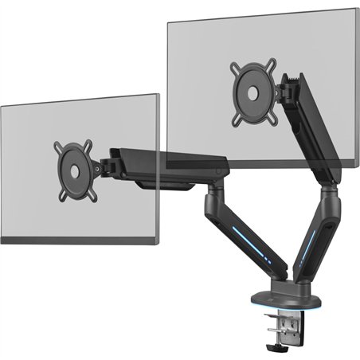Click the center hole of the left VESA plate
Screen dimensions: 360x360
click(72, 170)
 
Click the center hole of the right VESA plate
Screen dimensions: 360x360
click(252, 92)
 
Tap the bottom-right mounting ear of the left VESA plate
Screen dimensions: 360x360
click(90, 192)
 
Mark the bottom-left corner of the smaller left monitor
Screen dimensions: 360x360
click(2, 242)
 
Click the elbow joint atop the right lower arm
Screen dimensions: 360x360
click(327, 187)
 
